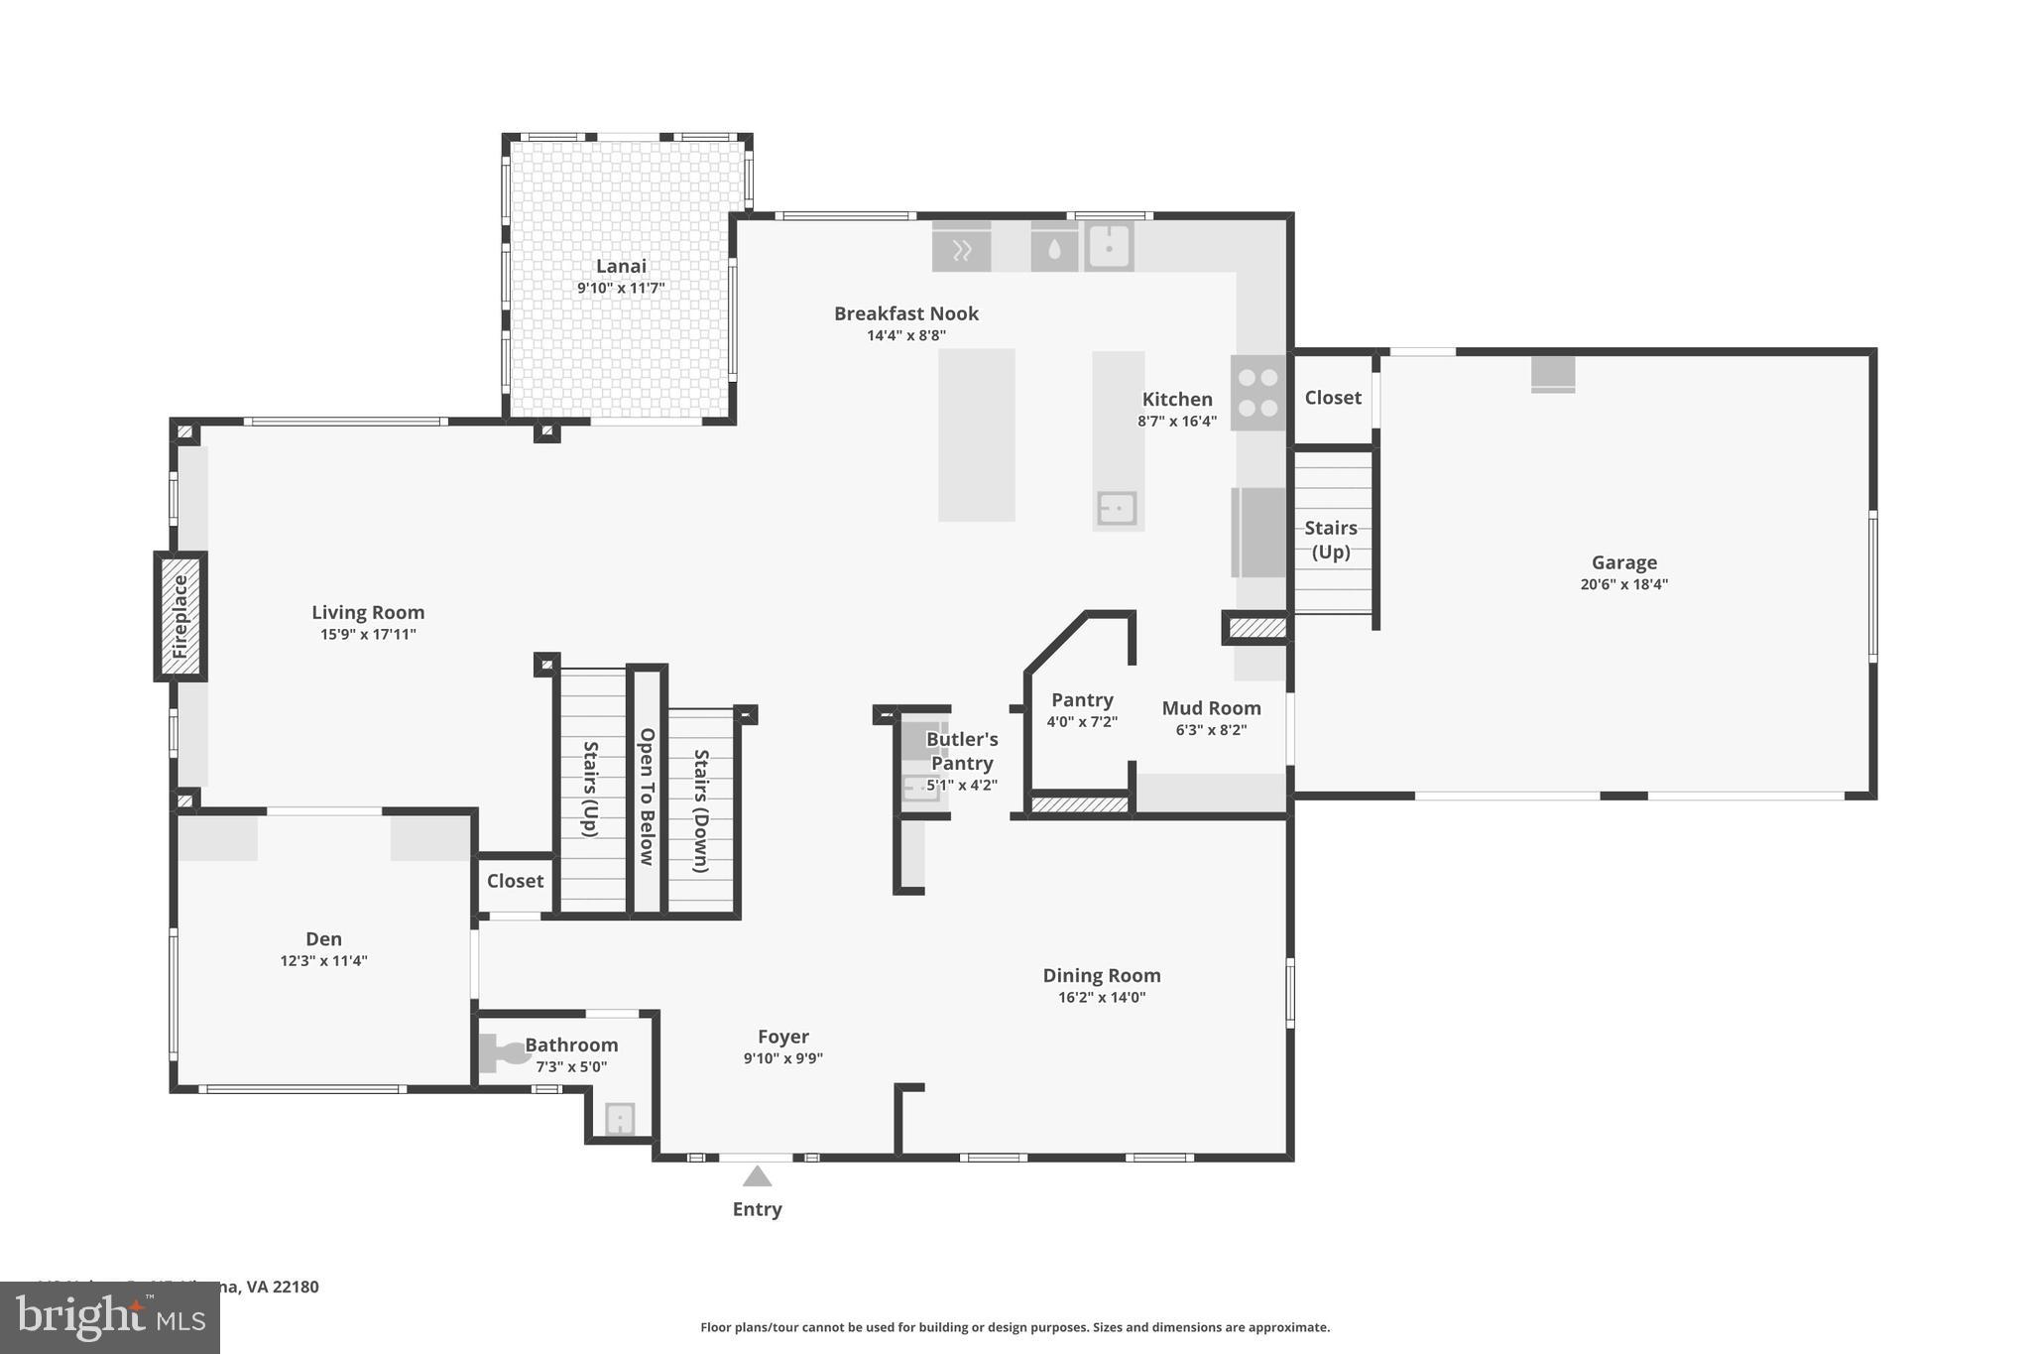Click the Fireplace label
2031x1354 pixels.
pos(180,616)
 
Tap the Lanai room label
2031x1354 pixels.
pos(621,266)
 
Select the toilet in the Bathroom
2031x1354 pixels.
pos(502,1053)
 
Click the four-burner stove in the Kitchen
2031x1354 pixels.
pos(1257,393)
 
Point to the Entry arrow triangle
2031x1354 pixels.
pos(757,1176)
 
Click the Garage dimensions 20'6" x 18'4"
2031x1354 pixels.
pos(1623,584)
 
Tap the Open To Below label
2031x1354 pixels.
pos(647,796)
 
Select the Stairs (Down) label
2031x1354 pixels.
pos(701,809)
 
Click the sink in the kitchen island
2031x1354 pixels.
pos(1117,509)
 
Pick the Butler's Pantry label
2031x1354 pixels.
pos(961,751)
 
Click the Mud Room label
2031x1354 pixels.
pos(1211,708)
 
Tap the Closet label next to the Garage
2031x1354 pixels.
pos(1332,398)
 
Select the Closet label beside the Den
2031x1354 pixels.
pos(515,881)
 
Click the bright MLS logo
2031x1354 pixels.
pos(110,1317)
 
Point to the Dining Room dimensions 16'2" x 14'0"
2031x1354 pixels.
pos(1101,998)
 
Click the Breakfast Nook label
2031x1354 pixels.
pos(905,313)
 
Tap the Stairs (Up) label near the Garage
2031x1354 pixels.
pos(1330,540)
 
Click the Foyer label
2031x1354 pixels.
pos(782,1037)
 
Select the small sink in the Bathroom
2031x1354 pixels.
pos(620,1119)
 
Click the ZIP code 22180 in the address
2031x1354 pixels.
pos(296,1287)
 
